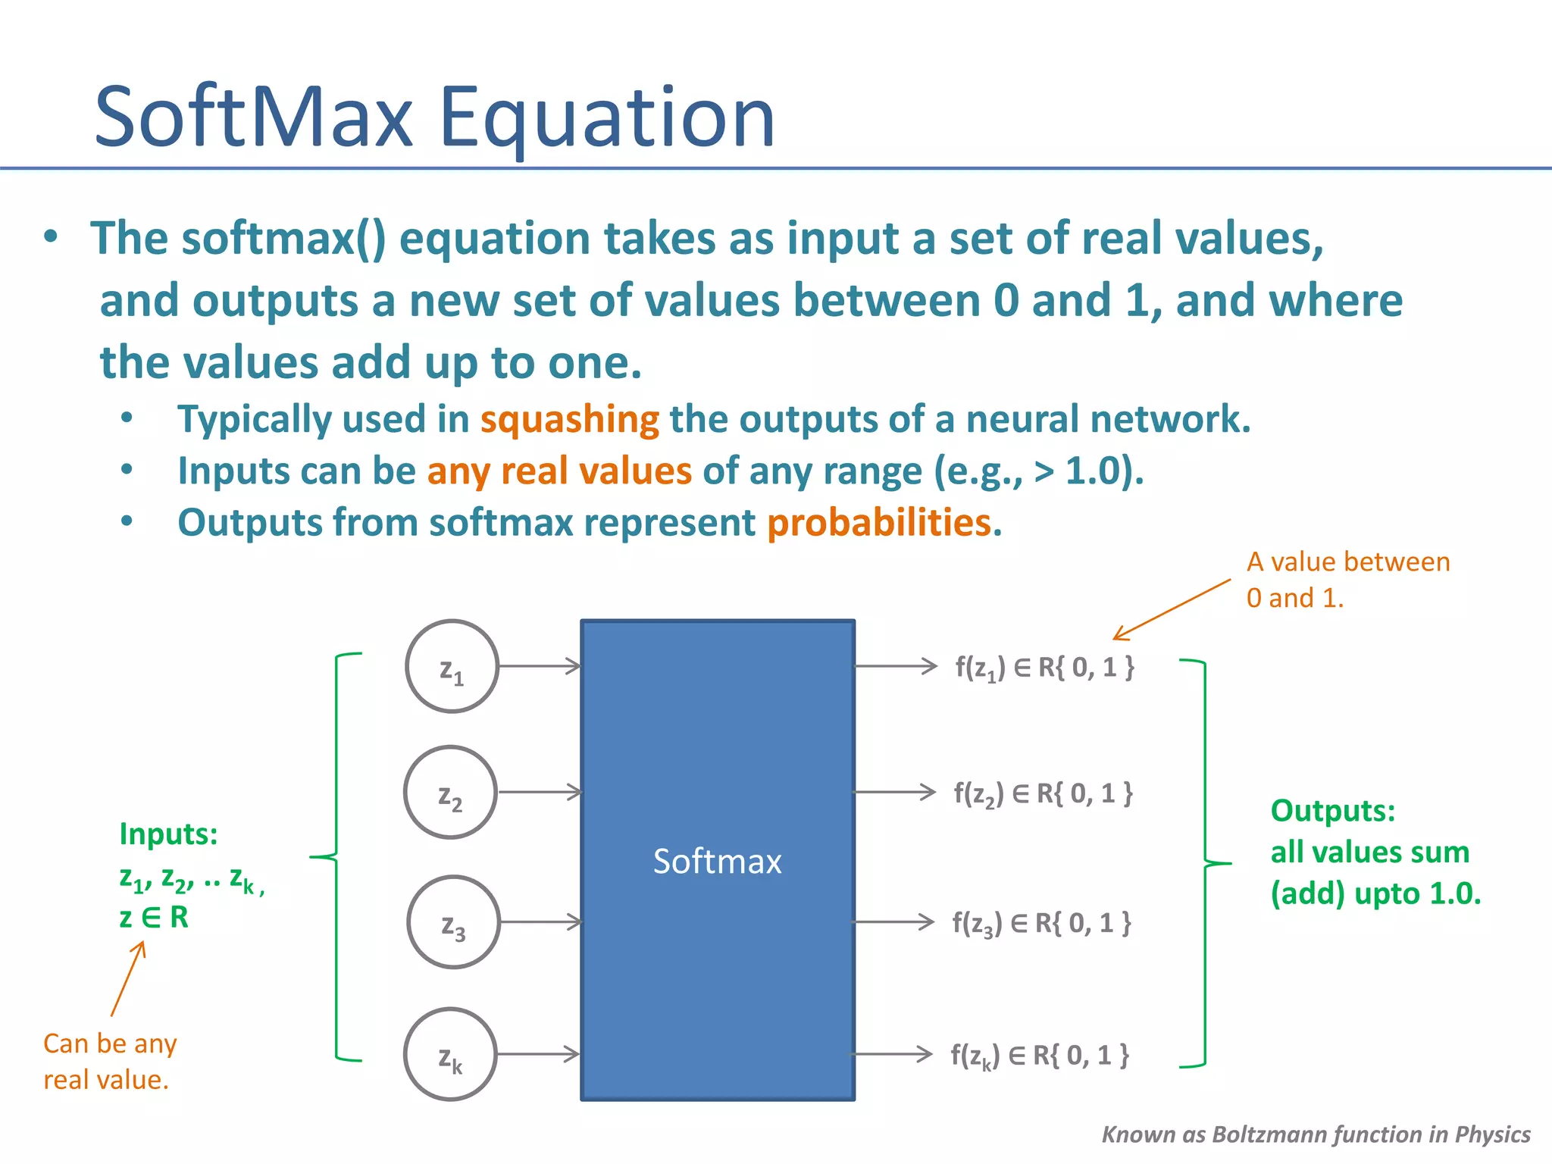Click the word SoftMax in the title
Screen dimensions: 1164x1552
coord(254,117)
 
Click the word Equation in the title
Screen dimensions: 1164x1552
coord(606,117)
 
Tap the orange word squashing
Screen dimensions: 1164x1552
coord(570,419)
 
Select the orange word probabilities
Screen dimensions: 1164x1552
coord(879,522)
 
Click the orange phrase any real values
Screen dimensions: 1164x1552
coord(559,471)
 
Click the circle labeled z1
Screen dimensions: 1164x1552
coord(452,666)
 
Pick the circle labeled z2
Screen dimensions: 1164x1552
coord(450,792)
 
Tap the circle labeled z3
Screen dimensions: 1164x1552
coord(453,922)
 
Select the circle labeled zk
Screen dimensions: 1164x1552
coord(450,1054)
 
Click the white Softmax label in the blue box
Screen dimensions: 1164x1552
coord(717,862)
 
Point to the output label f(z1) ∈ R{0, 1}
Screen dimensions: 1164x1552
coord(1044,667)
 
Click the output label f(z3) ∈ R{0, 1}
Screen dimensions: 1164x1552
coord(1041,923)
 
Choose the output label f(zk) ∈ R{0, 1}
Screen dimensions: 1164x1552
coord(1040,1055)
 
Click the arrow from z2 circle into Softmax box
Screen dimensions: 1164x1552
coord(540,792)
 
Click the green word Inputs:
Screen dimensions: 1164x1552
coord(168,834)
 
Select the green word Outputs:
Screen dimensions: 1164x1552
coord(1332,811)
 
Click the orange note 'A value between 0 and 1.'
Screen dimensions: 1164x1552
coord(1347,580)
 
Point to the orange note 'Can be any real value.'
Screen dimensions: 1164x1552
coord(109,1061)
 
